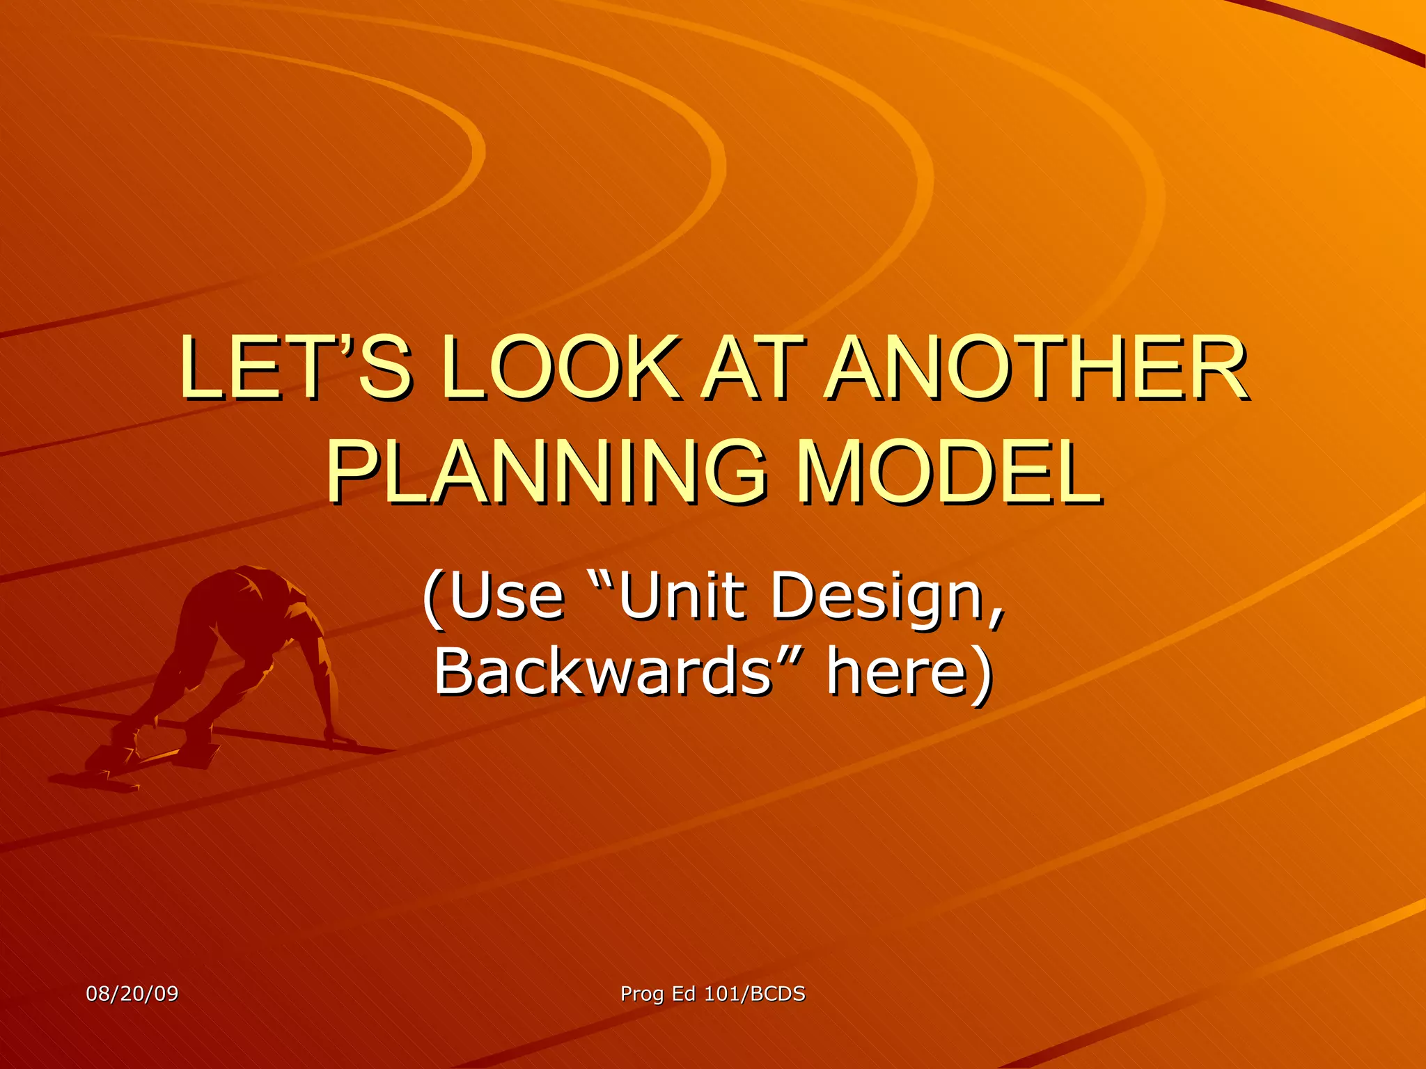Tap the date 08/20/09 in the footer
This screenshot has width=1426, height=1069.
[x=132, y=993]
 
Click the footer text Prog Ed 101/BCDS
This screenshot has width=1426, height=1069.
[x=713, y=993]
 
